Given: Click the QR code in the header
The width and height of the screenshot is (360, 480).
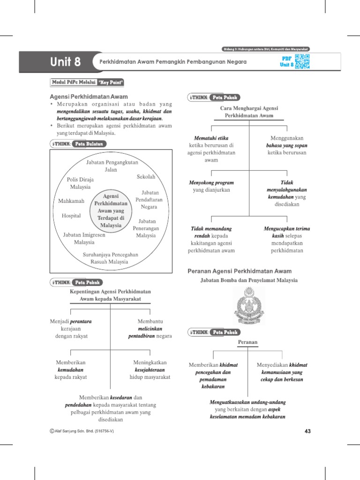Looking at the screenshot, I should [x=302, y=61].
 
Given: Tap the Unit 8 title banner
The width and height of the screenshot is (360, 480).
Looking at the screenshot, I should [x=66, y=61].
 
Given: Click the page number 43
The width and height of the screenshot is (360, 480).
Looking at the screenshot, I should [x=307, y=431].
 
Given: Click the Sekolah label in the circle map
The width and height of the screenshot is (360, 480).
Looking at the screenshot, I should [x=146, y=177].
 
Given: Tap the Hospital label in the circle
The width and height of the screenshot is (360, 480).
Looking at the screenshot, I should [x=71, y=216].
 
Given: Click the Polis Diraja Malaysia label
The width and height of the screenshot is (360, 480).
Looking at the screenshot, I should [x=80, y=183].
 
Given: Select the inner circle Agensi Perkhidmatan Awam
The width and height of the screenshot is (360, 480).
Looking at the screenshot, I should [x=111, y=211].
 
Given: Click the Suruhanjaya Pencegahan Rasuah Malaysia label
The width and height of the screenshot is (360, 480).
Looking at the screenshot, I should [x=111, y=258].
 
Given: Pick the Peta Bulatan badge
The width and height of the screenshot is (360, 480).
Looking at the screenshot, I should [x=89, y=144].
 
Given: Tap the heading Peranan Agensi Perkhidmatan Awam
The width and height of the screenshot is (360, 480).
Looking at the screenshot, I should [x=239, y=271].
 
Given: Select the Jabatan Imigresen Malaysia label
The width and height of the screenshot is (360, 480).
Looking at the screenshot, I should [x=84, y=238].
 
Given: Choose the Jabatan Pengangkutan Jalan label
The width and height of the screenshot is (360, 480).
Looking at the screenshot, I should [x=111, y=166].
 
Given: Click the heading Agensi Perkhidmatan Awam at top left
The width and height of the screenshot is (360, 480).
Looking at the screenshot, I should [x=89, y=97].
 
